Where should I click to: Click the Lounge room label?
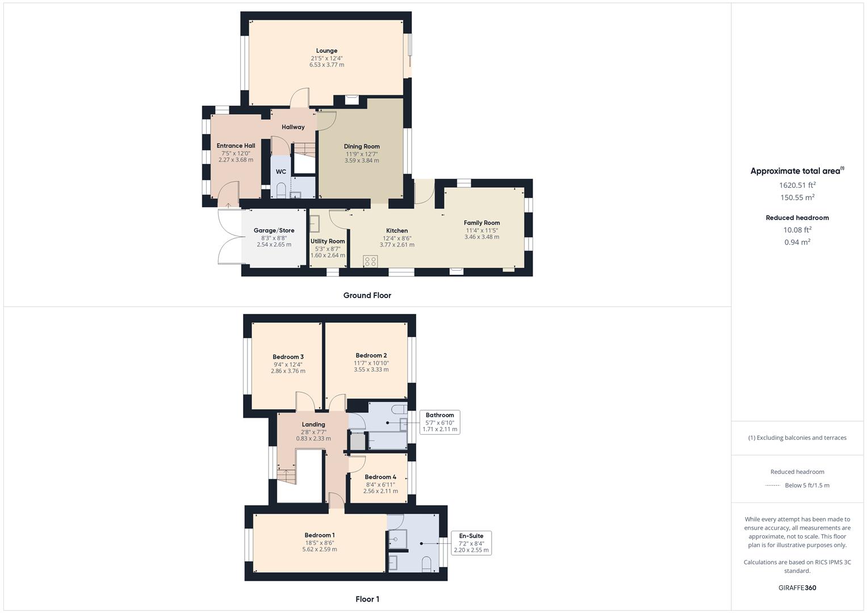click(x=326, y=51)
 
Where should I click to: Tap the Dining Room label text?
click(x=362, y=146)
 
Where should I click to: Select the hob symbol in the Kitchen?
click(x=370, y=261)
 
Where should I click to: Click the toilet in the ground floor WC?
click(x=281, y=191)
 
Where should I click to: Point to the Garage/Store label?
click(x=274, y=230)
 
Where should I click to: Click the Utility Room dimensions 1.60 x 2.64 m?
click(x=328, y=255)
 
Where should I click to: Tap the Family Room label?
click(x=481, y=223)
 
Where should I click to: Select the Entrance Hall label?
click(x=236, y=146)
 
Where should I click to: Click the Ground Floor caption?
click(x=367, y=295)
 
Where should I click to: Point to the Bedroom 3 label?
click(x=288, y=357)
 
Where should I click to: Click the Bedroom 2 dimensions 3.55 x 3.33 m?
click(x=371, y=370)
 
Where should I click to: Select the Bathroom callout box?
click(x=439, y=422)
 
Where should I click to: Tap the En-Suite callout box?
click(x=471, y=543)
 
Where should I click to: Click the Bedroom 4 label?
click(x=380, y=477)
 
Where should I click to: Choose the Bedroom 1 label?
click(x=319, y=535)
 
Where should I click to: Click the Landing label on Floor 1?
click(x=313, y=425)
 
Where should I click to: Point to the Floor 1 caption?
click(x=367, y=599)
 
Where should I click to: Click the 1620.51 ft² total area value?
click(x=797, y=185)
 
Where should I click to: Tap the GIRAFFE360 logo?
click(x=797, y=587)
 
